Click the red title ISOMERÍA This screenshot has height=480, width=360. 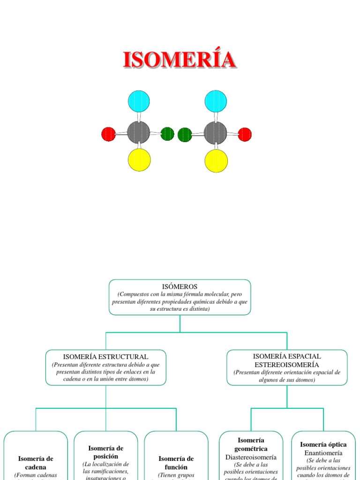click(179, 60)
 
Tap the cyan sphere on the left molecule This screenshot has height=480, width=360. click(139, 101)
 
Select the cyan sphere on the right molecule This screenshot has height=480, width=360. click(216, 101)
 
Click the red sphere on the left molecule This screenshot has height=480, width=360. click(108, 134)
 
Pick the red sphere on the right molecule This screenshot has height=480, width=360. click(245, 135)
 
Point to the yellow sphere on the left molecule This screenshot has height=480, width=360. click(139, 160)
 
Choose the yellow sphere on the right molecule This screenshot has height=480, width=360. click(216, 161)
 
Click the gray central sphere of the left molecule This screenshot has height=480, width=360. click(139, 133)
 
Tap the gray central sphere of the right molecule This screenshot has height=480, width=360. click(216, 133)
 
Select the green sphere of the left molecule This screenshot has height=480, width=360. click(167, 134)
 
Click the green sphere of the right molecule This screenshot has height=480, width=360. click(185, 135)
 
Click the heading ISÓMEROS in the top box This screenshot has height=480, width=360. click(180, 286)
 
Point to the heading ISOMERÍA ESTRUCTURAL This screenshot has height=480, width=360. click(105, 357)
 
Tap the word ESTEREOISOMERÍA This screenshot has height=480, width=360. click(287, 364)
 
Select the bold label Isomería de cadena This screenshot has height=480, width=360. click(36, 463)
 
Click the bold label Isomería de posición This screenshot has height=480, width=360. click(106, 452)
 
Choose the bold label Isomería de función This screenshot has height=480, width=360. click(176, 463)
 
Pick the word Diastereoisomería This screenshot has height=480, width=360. click(251, 457)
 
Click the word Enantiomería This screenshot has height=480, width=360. click(323, 453)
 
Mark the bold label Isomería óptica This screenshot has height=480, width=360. click(323, 444)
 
